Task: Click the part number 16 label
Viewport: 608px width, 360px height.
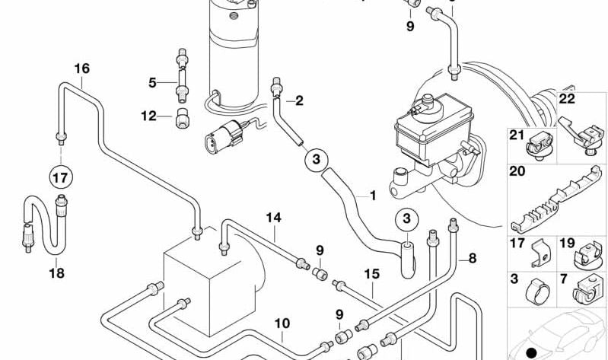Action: pyautogui.click(x=81, y=68)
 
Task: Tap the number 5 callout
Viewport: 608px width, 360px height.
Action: pyautogui.click(x=152, y=81)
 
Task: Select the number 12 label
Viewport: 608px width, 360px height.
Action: pyautogui.click(x=148, y=116)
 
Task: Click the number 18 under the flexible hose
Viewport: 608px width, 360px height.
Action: pyautogui.click(x=57, y=273)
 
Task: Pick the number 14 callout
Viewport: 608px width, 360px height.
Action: pyautogui.click(x=273, y=218)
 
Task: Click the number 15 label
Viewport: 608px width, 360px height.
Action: pyautogui.click(x=371, y=273)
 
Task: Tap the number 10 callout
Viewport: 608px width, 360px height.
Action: pyautogui.click(x=282, y=323)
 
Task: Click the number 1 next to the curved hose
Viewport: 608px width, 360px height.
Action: pyautogui.click(x=373, y=196)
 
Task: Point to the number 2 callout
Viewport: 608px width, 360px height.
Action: pyautogui.click(x=299, y=100)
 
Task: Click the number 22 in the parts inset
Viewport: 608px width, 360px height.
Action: pyautogui.click(x=567, y=98)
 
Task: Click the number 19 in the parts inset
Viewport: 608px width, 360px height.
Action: pyautogui.click(x=567, y=244)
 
